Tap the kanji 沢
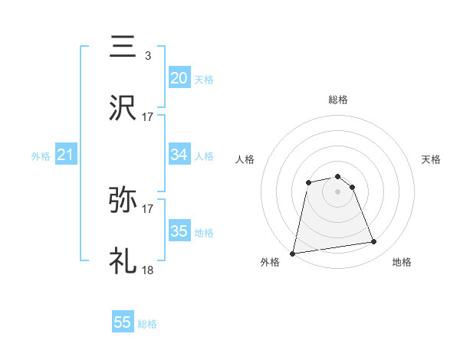[x=123, y=108]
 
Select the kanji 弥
[x=123, y=200]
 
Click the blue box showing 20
[x=179, y=77]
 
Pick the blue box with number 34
[x=179, y=155]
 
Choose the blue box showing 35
[x=179, y=231]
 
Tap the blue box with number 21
[x=65, y=155]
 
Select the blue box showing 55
[x=123, y=322]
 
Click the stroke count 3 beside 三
[x=147, y=55]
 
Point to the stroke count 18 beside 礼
[x=148, y=270]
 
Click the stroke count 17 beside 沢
[x=148, y=116]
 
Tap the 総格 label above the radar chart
[x=338, y=100]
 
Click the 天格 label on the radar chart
[x=431, y=159]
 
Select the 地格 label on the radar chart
[x=402, y=263]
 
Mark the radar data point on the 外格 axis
[x=293, y=253]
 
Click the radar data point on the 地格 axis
[x=374, y=242]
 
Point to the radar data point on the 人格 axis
[x=308, y=182]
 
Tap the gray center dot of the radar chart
[x=338, y=191]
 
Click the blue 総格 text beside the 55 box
[x=147, y=324]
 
